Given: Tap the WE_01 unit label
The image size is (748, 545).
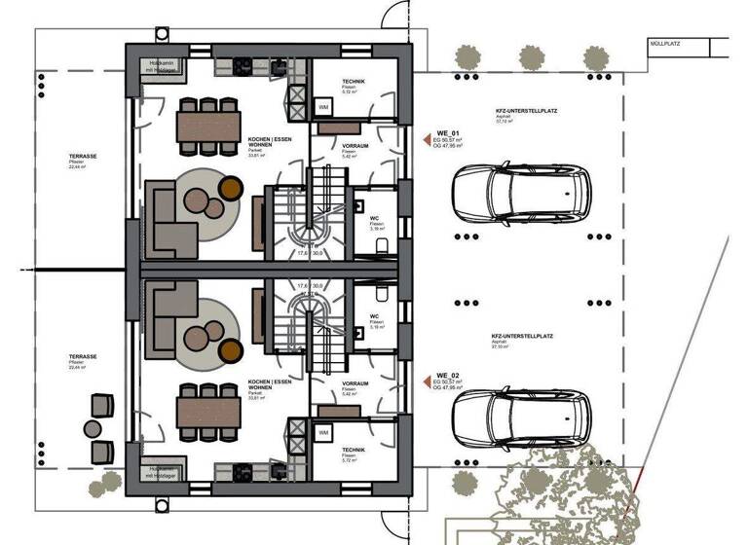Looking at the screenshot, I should (x=448, y=131).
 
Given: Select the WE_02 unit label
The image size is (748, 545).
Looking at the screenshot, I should (x=448, y=375).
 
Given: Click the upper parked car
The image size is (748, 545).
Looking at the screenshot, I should (x=522, y=196).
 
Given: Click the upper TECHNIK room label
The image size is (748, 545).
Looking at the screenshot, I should (x=355, y=83).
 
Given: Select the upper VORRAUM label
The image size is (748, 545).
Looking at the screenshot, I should (x=355, y=146).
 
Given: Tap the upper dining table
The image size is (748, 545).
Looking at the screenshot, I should (x=208, y=124).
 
